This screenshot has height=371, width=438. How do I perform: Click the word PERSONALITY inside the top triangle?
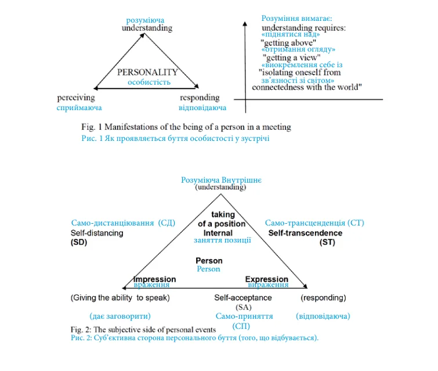147,72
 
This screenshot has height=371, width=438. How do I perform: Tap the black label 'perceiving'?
76,98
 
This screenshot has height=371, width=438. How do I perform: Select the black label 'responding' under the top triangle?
200,98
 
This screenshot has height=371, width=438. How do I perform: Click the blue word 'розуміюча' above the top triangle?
145,20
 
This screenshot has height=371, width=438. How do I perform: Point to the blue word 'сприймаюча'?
79,108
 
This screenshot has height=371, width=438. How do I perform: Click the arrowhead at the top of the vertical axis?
245,24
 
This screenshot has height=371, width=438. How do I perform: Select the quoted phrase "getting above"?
288,43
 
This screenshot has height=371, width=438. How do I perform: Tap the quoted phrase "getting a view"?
291,58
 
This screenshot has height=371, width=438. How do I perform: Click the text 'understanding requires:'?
303,28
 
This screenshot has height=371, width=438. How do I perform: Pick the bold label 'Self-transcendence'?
305,233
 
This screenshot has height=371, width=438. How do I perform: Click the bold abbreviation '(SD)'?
79,242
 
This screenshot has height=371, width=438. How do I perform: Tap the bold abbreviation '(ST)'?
327,242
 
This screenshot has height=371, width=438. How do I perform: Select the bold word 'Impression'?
155,279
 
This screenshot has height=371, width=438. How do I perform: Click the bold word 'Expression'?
267,279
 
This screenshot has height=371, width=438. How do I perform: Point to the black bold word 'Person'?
209,261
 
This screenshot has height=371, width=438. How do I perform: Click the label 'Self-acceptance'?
243,298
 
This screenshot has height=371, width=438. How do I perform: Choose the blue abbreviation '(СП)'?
241,326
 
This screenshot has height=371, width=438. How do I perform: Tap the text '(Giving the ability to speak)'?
120,298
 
